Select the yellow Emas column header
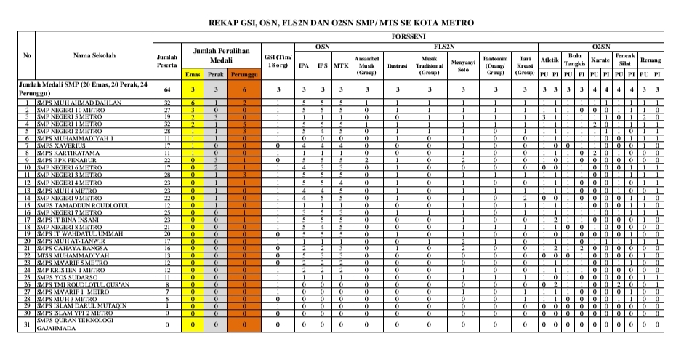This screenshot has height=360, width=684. pos(192,74)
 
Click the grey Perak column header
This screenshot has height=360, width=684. pos(215,74)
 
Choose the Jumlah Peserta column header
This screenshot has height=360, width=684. pos(166,61)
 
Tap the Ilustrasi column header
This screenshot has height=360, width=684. pos(397,66)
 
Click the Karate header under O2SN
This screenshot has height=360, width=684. pos(600,60)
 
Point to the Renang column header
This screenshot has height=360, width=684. pos(651,60)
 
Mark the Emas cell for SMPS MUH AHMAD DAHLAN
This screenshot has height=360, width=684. pos(192,103)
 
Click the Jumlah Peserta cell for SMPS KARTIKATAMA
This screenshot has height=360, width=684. pos(166,153)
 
